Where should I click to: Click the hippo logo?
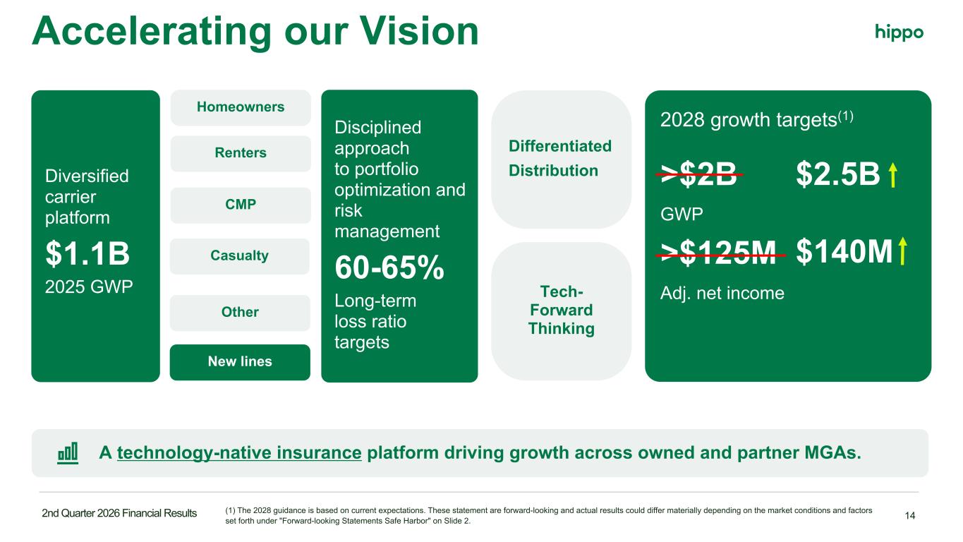tap(899, 32)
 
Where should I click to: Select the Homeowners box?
tap(241, 107)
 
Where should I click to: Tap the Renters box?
tap(241, 154)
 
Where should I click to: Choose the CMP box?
tap(241, 205)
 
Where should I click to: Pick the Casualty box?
tap(240, 256)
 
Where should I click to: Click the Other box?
tap(240, 313)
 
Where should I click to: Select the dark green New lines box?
tap(240, 362)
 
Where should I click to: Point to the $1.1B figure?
tap(87, 253)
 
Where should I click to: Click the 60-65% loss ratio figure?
tap(389, 267)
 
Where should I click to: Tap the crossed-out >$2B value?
tap(699, 174)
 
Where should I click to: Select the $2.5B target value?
tap(838, 174)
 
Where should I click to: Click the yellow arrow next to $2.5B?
tap(893, 174)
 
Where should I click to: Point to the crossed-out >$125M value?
tap(720, 253)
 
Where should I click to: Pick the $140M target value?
tap(844, 252)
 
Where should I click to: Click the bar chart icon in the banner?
tap(68, 453)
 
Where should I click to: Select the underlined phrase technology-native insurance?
tap(239, 453)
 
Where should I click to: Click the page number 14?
tap(909, 515)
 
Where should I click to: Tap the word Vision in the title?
tap(419, 31)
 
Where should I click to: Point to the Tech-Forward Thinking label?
tap(562, 310)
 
